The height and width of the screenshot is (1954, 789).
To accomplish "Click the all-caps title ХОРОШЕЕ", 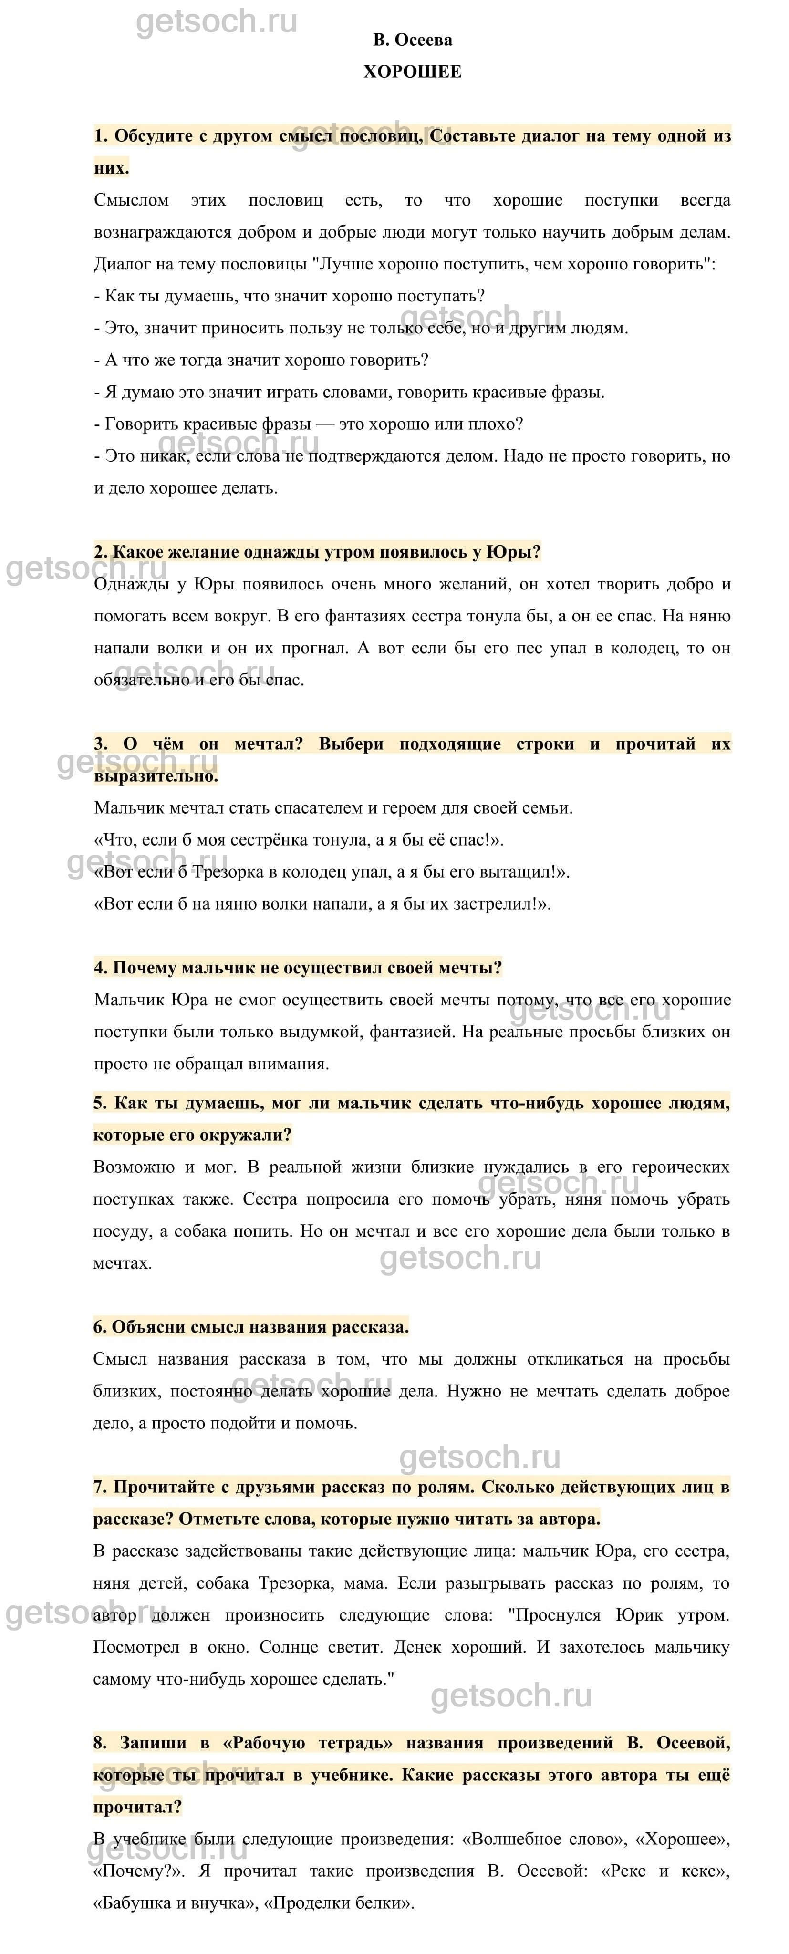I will click(412, 72).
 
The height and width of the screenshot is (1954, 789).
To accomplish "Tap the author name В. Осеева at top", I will click(412, 40).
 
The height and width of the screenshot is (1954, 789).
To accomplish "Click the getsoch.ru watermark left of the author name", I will click(216, 23).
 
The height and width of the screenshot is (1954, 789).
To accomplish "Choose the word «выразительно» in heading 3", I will click(156, 776).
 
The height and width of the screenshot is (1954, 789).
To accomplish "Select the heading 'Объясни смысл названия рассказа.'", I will click(251, 1327).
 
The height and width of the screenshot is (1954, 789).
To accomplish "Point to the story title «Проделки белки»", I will click(343, 1902).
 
